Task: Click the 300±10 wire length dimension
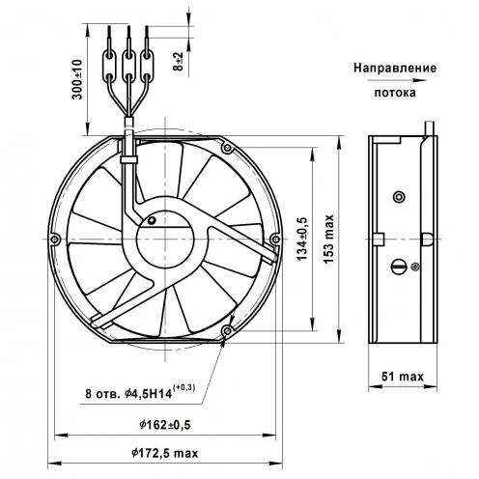(77, 79)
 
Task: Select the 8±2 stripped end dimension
(178, 62)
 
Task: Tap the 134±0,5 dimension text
(302, 239)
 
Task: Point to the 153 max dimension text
(328, 239)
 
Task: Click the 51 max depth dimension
(403, 376)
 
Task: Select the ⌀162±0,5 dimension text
(165, 425)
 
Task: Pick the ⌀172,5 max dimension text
(165, 453)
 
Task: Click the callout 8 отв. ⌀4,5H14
(140, 392)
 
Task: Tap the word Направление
(395, 68)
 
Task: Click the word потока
(395, 93)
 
